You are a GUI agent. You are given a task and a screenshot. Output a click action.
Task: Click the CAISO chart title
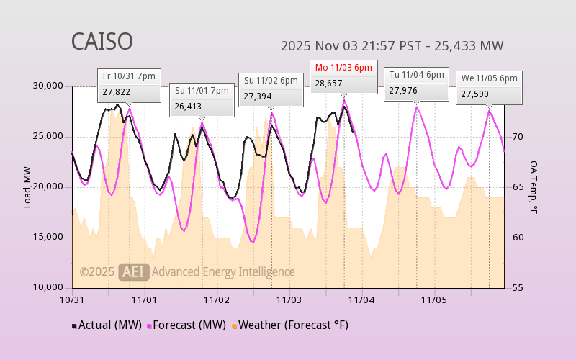tap(102, 42)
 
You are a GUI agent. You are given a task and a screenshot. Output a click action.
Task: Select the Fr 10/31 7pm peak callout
tap(130, 84)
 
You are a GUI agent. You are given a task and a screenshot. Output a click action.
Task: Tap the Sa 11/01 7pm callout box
tap(202, 99)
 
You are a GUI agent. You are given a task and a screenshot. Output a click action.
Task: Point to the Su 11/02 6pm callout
tap(271, 89)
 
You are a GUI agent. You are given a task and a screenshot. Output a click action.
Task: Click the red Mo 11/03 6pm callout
tap(343, 76)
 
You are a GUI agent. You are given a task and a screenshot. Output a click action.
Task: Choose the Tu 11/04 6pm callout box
tap(416, 83)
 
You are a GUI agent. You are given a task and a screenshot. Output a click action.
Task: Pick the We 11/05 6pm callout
tap(489, 86)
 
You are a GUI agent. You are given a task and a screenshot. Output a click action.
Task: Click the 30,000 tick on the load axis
tap(49, 86)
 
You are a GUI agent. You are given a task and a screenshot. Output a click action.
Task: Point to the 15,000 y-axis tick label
tap(49, 238)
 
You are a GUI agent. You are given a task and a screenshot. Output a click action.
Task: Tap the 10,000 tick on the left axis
tap(49, 288)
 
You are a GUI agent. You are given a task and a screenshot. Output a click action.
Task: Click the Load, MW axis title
tap(27, 186)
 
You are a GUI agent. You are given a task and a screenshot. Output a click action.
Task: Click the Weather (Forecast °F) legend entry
tap(289, 325)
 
